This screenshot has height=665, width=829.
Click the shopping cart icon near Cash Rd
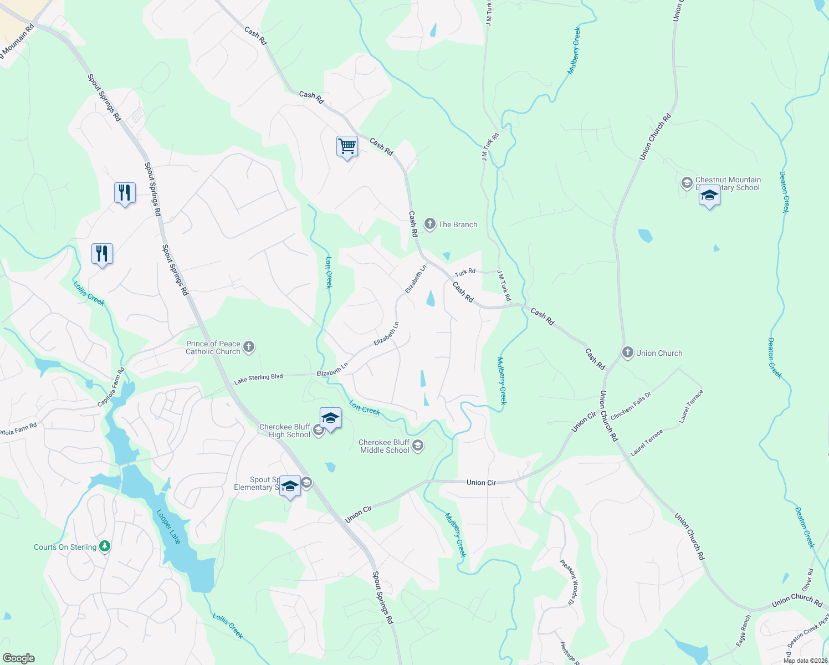(347, 147)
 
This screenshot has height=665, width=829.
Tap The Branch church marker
(429, 224)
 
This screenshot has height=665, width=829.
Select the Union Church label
(659, 353)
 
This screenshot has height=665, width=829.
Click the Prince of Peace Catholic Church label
(213, 347)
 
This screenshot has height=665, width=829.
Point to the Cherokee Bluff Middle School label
(385, 446)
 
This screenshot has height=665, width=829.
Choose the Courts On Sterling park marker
(104, 547)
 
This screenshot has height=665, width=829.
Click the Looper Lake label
(168, 526)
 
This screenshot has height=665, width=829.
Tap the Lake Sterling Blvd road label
(258, 378)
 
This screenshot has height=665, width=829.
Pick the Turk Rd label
(465, 272)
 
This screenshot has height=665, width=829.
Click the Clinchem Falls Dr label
(631, 406)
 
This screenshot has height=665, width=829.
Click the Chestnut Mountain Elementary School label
(728, 183)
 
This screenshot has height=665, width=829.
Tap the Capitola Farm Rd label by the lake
(111, 387)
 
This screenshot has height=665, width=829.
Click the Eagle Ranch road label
(744, 631)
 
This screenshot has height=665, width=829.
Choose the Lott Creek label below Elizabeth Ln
(365, 408)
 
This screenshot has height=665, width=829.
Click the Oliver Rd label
(808, 580)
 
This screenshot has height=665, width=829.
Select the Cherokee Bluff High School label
(285, 431)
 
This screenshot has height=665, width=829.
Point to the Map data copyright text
(805, 661)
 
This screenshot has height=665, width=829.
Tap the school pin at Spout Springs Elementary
(290, 487)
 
